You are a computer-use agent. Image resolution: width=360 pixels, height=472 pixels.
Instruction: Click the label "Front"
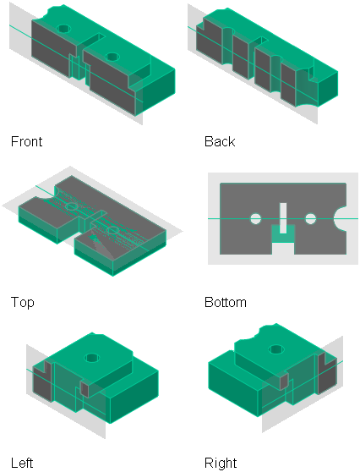(26, 141)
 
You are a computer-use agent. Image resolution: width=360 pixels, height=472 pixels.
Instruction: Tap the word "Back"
(220, 141)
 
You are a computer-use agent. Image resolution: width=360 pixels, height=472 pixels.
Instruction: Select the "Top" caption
(23, 302)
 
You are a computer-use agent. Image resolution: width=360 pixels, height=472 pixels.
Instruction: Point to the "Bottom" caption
(226, 302)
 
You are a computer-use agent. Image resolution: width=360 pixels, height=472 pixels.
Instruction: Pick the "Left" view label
(22, 463)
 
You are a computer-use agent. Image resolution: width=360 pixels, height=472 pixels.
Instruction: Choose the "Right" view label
(221, 463)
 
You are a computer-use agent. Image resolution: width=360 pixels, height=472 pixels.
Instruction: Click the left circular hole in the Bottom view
(256, 219)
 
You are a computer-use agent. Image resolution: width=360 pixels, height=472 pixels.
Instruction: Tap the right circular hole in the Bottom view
(311, 219)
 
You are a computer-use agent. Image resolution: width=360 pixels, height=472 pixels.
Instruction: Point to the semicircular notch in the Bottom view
(341, 219)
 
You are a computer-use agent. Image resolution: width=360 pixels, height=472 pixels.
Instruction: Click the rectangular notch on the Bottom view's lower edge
(283, 249)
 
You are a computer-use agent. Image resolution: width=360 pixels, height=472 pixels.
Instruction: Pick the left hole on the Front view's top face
(63, 29)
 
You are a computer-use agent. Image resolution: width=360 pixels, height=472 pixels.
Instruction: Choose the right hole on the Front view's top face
(112, 57)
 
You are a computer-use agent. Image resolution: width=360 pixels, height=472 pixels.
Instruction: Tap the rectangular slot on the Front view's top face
(92, 41)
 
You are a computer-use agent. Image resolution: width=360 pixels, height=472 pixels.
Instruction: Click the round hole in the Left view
(92, 358)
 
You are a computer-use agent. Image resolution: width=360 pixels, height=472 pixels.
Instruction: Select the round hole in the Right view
(276, 349)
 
